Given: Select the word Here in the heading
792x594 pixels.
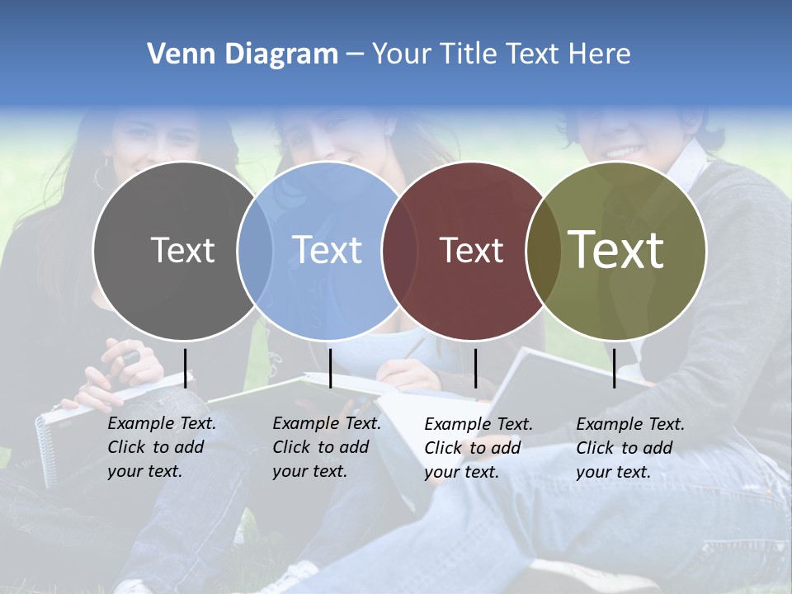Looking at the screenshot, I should click(600, 54).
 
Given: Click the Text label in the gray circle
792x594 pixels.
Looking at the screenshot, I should click(182, 250).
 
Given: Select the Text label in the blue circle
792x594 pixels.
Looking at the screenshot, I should click(328, 250).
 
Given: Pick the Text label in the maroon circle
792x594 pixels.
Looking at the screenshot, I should click(472, 250).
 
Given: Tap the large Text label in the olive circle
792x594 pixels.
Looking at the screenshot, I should click(616, 250).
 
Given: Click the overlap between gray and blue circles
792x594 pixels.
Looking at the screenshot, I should click(255, 250).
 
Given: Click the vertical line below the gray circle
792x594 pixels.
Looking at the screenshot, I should click(186, 368).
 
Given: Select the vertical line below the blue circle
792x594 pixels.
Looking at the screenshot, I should click(330, 368).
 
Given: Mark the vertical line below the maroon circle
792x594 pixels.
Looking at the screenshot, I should click(475, 368).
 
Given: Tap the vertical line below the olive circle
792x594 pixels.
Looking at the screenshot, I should click(614, 368).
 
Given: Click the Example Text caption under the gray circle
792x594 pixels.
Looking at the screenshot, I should click(161, 447).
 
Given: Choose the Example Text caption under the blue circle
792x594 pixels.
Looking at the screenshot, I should click(326, 447).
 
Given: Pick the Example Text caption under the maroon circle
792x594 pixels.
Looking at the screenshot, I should click(478, 448).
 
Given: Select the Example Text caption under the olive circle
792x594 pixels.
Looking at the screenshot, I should click(629, 448).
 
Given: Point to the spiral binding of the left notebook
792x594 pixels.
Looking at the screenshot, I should click(45, 450).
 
